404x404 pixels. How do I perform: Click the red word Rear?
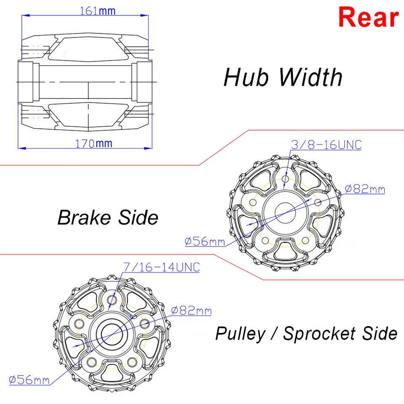coord(368,18)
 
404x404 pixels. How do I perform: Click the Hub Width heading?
coord(283,77)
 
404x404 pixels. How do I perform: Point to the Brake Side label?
coord(108,218)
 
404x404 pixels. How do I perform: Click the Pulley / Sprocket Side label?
coord(306,333)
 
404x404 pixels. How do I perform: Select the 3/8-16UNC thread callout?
coord(326,145)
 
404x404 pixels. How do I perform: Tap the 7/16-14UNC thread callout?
coord(161,267)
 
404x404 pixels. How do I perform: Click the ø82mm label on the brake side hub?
coord(364,189)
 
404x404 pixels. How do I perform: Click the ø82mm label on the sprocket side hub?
coord(191,311)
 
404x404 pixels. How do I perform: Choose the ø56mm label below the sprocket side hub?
coord(29,380)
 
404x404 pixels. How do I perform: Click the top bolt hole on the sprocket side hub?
coord(112,300)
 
